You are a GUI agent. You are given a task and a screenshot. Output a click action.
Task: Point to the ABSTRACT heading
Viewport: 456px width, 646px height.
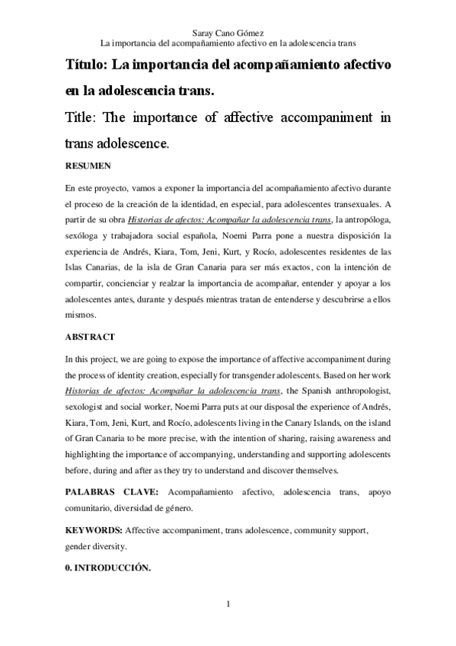89,336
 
